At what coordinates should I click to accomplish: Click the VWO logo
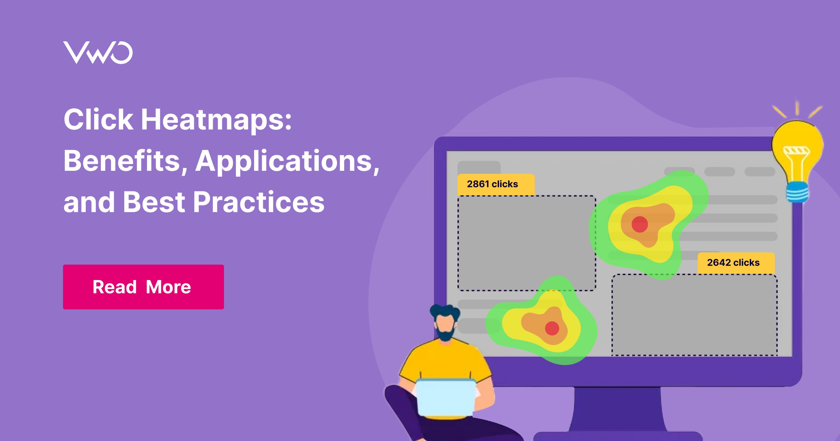98,52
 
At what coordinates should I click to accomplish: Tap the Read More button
143,287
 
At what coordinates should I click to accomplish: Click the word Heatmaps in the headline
216,120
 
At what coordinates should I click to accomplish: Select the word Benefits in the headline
121,161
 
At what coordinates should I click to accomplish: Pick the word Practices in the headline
259,202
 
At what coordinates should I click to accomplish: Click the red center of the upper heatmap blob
639,224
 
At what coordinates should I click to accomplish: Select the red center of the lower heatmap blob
552,328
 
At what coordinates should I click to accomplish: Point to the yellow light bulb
798,147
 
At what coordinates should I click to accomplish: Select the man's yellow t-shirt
444,360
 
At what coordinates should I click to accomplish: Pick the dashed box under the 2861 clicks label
527,243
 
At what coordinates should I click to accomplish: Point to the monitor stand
618,409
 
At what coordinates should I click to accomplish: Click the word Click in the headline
98,120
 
